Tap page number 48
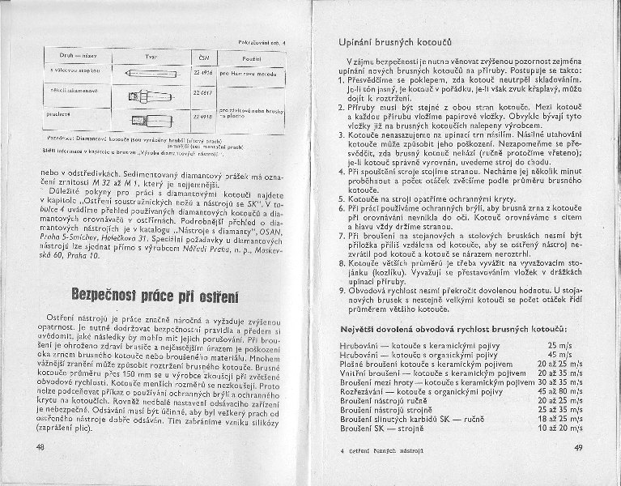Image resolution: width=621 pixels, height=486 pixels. click(x=36, y=447)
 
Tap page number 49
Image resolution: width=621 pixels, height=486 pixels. click(x=577, y=447)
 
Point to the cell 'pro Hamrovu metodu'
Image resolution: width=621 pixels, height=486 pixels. click(x=252, y=73)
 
